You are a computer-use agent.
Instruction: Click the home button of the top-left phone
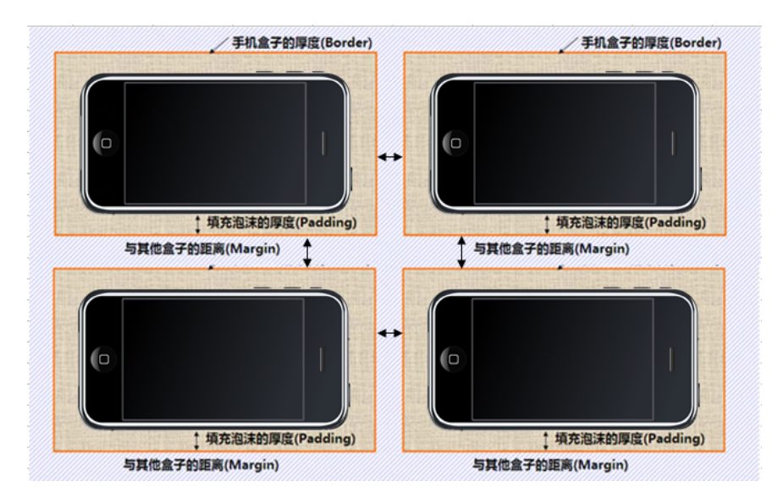[x=106, y=143]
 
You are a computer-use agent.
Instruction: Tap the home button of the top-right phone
[x=455, y=143]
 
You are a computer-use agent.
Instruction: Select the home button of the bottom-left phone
[x=104, y=358]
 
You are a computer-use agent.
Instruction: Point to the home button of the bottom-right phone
[x=454, y=358]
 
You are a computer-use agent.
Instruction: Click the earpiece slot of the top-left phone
[x=323, y=144]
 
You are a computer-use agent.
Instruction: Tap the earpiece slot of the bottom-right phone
[x=670, y=359]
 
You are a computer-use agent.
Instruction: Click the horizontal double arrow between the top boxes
[x=390, y=157]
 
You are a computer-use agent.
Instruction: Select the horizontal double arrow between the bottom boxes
[x=390, y=333]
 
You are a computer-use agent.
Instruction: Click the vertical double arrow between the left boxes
[x=307, y=253]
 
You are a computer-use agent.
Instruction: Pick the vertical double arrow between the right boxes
[x=461, y=253]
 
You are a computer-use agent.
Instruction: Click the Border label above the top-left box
[x=302, y=43]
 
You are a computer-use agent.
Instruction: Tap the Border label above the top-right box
[x=652, y=43]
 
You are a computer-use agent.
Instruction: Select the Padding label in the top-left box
[x=282, y=222]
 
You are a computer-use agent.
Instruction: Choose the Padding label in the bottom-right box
[x=630, y=439]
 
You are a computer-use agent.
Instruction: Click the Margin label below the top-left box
[x=201, y=249]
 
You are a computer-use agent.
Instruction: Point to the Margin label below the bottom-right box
[x=550, y=465]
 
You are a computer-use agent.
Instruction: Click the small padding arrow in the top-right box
[x=547, y=225]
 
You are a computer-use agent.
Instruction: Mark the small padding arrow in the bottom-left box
[x=196, y=440]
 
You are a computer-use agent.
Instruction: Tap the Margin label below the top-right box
[x=551, y=249]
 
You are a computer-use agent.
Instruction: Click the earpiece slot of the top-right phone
[x=673, y=144]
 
